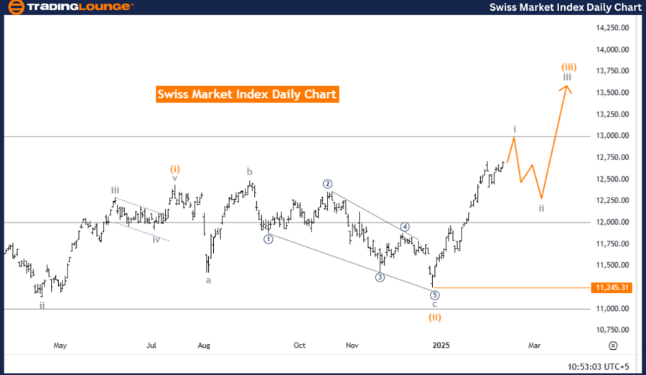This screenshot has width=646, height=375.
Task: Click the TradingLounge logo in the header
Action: pos(69,7)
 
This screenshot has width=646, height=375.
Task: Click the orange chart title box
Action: pos(246,94)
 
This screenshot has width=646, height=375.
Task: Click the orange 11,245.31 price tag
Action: pos(612,288)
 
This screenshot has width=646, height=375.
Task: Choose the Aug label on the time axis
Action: pos(204,346)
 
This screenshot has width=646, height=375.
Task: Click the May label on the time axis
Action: pos(60,346)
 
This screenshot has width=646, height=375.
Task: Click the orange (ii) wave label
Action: pos(435,316)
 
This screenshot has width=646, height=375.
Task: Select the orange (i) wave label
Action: pos(175,170)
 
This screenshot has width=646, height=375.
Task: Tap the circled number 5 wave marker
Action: pos(434,295)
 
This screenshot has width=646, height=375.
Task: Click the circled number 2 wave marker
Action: pos(327,183)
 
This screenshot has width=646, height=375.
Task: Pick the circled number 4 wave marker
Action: pos(405,226)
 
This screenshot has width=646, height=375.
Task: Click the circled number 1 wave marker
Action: pos(268,239)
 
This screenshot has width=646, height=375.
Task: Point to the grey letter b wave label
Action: pos(250,172)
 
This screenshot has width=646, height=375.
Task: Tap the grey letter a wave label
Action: pos(209,280)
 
